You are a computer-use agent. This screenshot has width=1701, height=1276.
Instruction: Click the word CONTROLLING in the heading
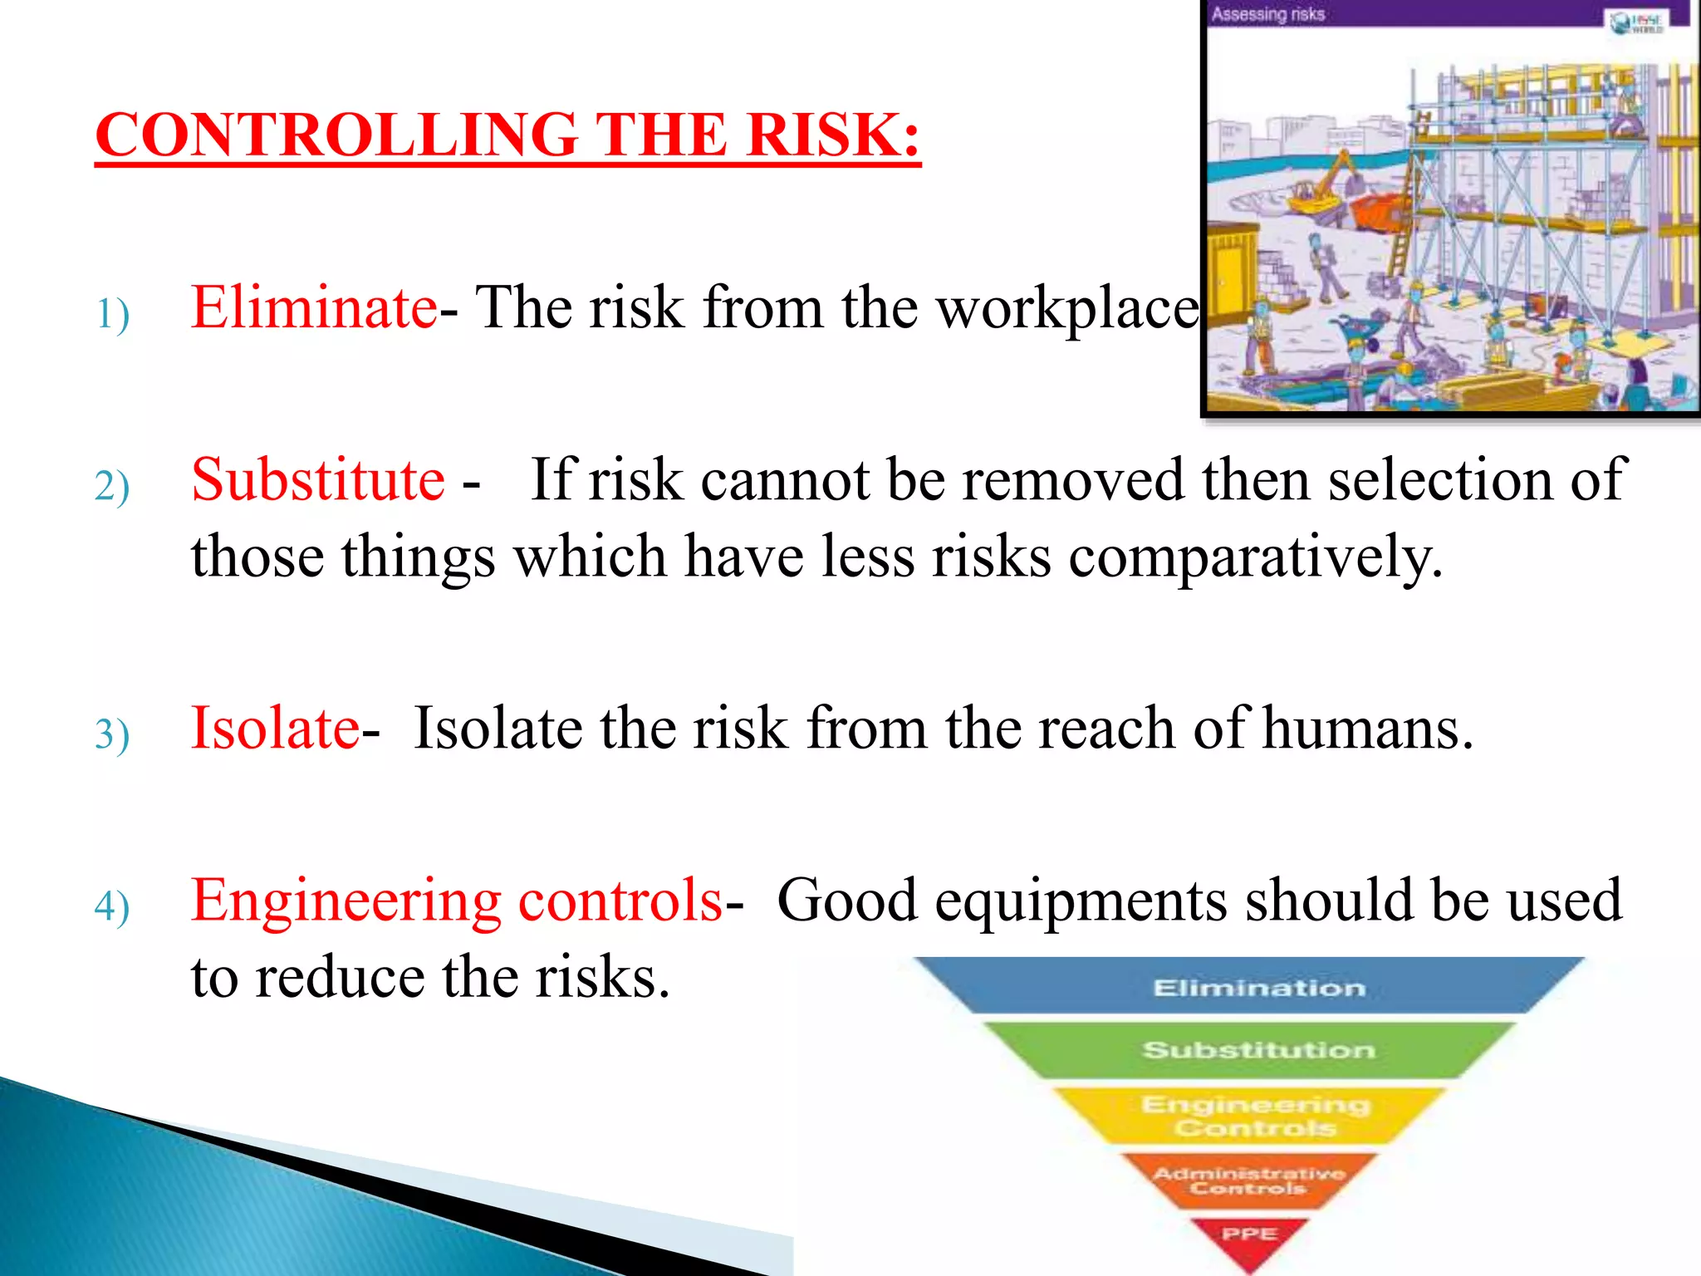[x=336, y=135]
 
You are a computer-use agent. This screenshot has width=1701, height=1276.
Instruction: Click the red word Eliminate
[x=314, y=308]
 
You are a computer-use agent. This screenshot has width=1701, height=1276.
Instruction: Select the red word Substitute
[x=318, y=480]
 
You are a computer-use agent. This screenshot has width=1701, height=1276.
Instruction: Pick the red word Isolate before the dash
[x=275, y=729]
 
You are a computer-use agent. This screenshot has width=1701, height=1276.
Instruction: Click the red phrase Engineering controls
[x=457, y=901]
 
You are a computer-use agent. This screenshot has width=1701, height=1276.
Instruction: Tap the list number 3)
[x=112, y=735]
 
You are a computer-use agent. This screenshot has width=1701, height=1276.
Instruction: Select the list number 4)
[x=112, y=907]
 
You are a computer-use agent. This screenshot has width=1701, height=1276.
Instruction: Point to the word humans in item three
[x=1366, y=729]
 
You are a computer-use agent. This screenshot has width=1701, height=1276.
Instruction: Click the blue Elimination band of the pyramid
[x=1258, y=988]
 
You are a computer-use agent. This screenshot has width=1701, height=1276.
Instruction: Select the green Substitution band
[x=1258, y=1050]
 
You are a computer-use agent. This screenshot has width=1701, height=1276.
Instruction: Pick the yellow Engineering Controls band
[x=1255, y=1116]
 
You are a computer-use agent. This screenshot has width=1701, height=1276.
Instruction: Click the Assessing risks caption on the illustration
[x=1267, y=14]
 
